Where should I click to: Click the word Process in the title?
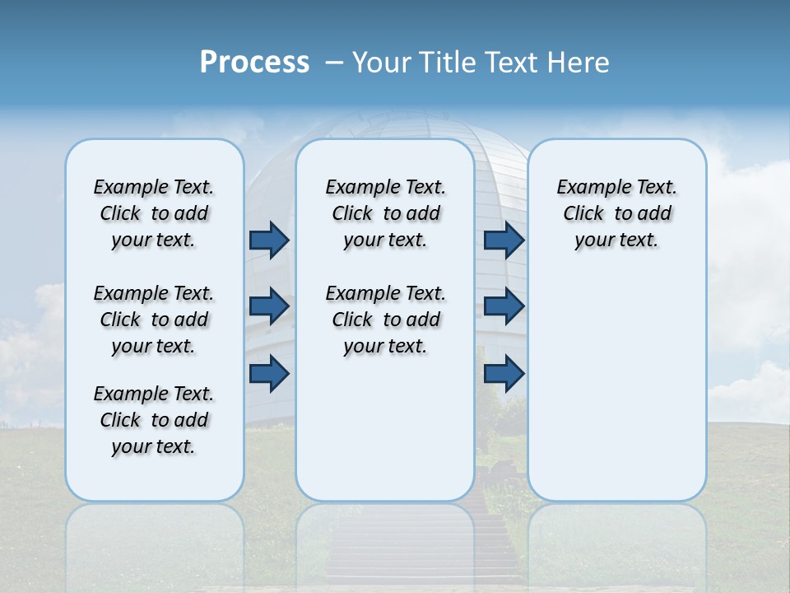[x=254, y=63]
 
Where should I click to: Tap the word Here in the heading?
[x=579, y=63]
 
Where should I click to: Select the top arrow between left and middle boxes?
[x=269, y=240]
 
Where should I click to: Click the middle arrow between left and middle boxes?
[x=269, y=306]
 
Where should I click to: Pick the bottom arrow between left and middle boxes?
[x=269, y=374]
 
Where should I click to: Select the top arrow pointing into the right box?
[x=504, y=240]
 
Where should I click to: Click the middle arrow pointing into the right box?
[x=504, y=306]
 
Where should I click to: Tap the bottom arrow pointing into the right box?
[x=504, y=374]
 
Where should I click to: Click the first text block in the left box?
[x=154, y=213]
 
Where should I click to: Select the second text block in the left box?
[x=154, y=320]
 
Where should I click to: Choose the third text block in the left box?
[x=154, y=420]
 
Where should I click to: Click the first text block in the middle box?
[x=385, y=213]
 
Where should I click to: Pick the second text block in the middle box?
[x=385, y=320]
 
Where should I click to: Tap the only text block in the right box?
[x=616, y=213]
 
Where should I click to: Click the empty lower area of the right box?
[x=616, y=395]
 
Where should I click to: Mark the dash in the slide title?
[x=335, y=63]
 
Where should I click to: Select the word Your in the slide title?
[x=382, y=63]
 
